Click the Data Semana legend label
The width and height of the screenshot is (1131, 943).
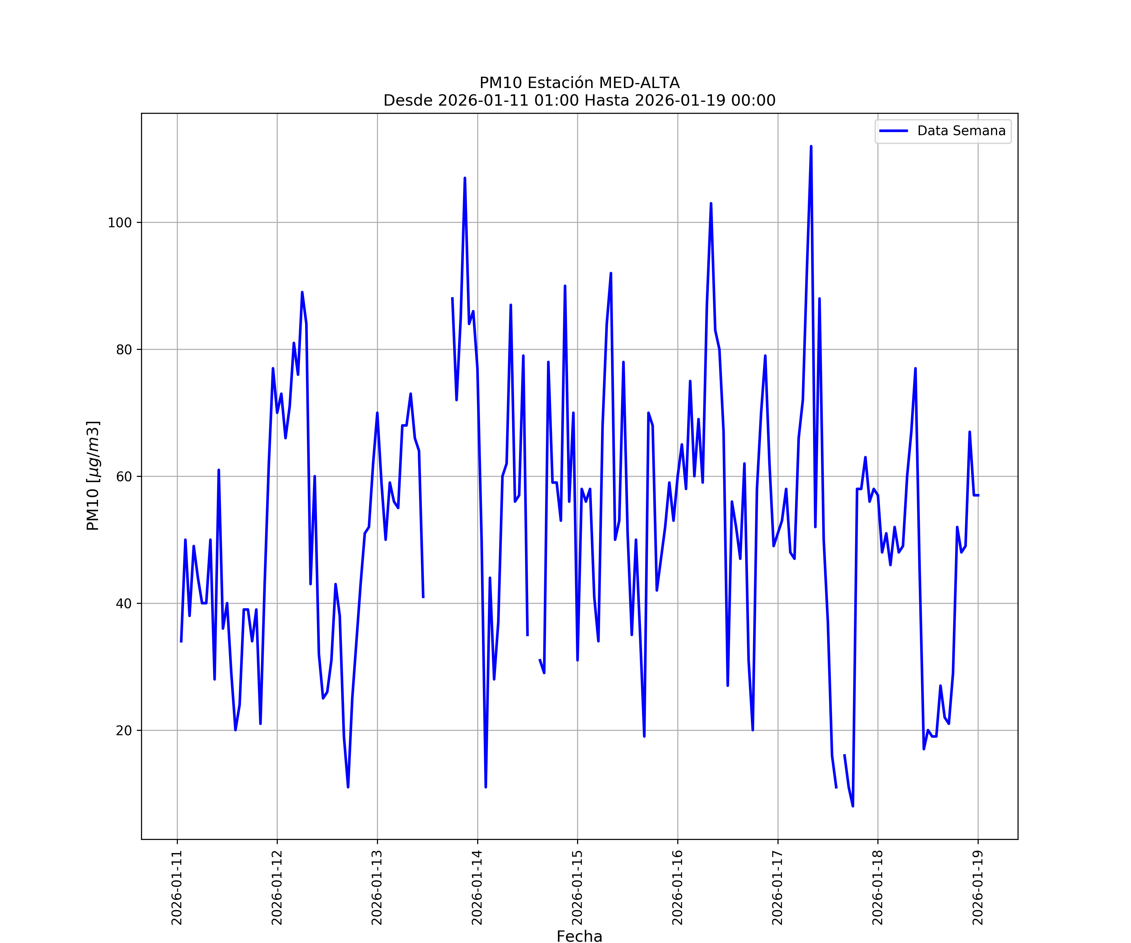pos(961,131)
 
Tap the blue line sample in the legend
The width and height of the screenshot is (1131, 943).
pos(893,131)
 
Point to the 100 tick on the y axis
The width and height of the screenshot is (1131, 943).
pos(120,223)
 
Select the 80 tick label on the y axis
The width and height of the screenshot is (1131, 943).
pos(124,350)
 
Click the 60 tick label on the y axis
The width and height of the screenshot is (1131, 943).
pos(124,476)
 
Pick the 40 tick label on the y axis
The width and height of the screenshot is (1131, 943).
pos(124,604)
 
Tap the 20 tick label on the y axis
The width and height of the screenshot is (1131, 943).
pos(124,731)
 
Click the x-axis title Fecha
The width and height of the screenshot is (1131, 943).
pos(579,936)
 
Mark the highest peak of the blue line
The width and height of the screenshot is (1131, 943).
pos(811,146)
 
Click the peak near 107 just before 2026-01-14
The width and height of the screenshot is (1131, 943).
pos(465,178)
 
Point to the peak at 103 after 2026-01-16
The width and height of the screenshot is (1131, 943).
pos(711,204)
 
